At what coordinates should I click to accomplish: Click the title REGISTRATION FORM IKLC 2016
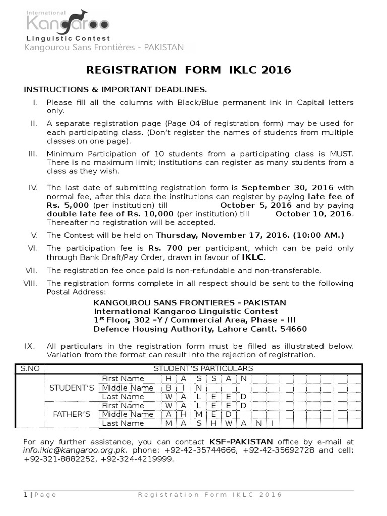point(189,70)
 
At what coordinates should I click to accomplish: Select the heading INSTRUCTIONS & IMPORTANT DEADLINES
point(115,90)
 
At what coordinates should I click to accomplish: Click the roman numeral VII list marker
point(32,270)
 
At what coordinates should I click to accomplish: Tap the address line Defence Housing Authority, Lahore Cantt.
point(200,329)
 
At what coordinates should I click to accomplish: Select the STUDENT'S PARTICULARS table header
point(203,368)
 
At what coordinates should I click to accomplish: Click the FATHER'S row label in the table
point(72,414)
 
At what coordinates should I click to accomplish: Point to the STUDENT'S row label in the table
point(72,388)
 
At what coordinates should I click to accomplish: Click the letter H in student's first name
point(168,378)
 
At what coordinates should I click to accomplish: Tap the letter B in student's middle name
point(168,388)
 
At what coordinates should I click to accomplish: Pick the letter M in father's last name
point(168,423)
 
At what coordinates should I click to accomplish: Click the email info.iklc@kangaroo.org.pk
point(76,450)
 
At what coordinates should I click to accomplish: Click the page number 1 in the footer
point(25,495)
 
